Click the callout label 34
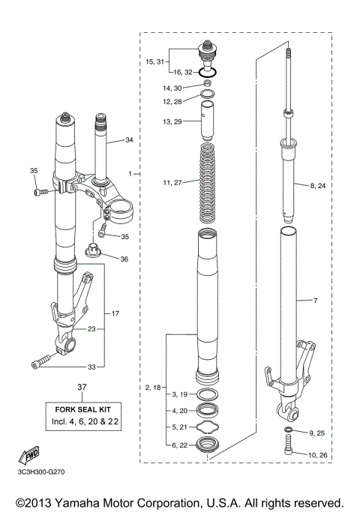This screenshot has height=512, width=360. pos(129,140)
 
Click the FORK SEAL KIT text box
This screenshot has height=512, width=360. pos(82,417)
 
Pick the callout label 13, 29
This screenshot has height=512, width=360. pos(172,121)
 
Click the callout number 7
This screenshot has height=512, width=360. pos(316,301)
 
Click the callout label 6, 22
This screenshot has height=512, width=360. pos(180,446)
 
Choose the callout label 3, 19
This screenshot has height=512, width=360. pos(180,394)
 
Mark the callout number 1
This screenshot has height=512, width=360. pos(130,173)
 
